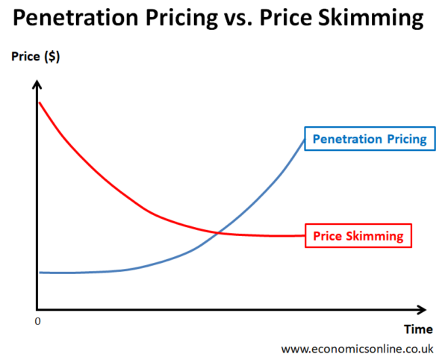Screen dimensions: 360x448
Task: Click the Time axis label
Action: [417, 329]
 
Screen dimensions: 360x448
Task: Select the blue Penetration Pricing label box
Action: [369, 139]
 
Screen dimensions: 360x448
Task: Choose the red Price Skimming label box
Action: [358, 236]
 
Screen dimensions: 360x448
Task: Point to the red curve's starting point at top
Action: [39, 102]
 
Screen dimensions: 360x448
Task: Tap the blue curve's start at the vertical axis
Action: [40, 273]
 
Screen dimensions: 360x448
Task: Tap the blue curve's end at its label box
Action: [305, 140]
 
